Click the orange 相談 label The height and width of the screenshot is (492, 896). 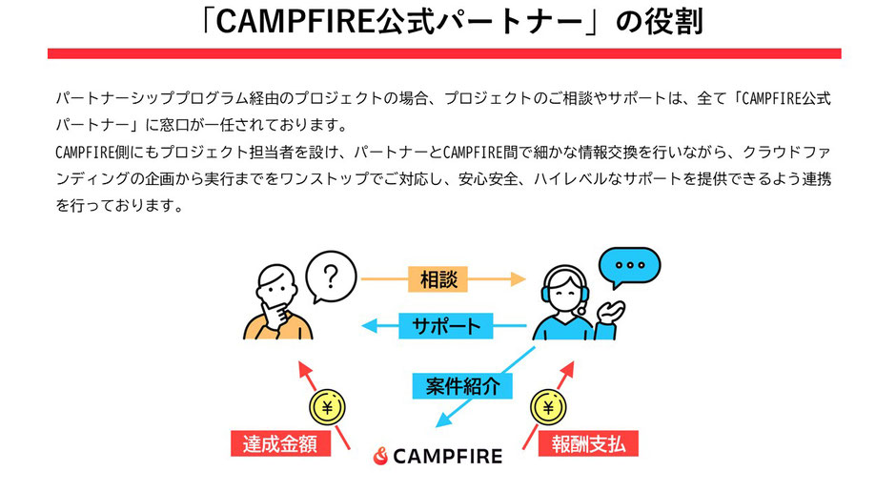tap(438, 279)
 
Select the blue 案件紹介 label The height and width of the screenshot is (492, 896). tap(462, 384)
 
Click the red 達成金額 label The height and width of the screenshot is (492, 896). tap(279, 444)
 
